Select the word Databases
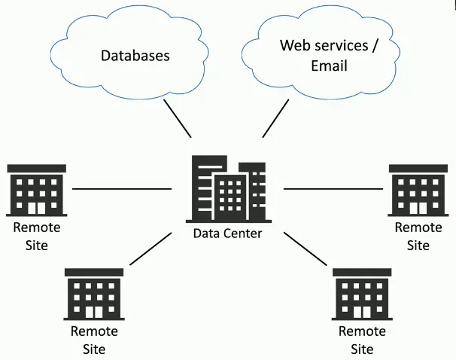pos(135,55)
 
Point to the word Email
pos(329,66)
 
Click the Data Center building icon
pos(227,188)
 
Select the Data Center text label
pos(227,233)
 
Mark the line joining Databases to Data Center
pos(178,118)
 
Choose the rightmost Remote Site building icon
pos(418,190)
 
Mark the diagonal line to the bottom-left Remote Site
pos(150,249)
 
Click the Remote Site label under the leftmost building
pos(36,236)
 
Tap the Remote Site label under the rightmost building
pos(418,236)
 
